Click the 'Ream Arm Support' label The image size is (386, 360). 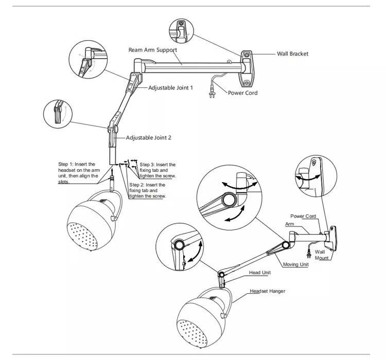[152, 50]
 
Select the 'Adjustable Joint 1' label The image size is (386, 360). [170, 88]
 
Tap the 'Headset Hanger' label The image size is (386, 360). [267, 291]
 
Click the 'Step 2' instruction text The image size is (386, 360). [147, 190]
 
